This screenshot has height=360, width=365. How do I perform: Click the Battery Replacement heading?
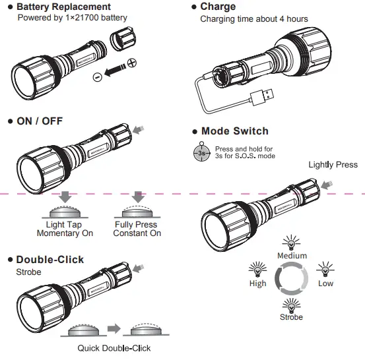point(73,7)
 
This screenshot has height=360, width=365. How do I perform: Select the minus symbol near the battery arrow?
point(97,76)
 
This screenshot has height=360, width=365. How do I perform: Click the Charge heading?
point(217,7)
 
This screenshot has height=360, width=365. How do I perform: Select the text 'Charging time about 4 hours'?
point(253,19)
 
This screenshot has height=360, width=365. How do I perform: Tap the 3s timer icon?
point(202,153)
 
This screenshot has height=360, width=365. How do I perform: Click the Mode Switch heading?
point(234,131)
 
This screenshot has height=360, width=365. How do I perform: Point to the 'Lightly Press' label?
point(333,165)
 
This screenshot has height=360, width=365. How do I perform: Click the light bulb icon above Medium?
point(291,243)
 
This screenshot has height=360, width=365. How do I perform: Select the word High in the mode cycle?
point(257,284)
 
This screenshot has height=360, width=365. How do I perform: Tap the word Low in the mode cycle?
point(325,284)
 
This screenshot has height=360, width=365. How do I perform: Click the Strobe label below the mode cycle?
point(291,317)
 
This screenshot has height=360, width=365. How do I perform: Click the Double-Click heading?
point(50,260)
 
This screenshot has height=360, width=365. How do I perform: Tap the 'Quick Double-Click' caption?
point(114,348)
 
